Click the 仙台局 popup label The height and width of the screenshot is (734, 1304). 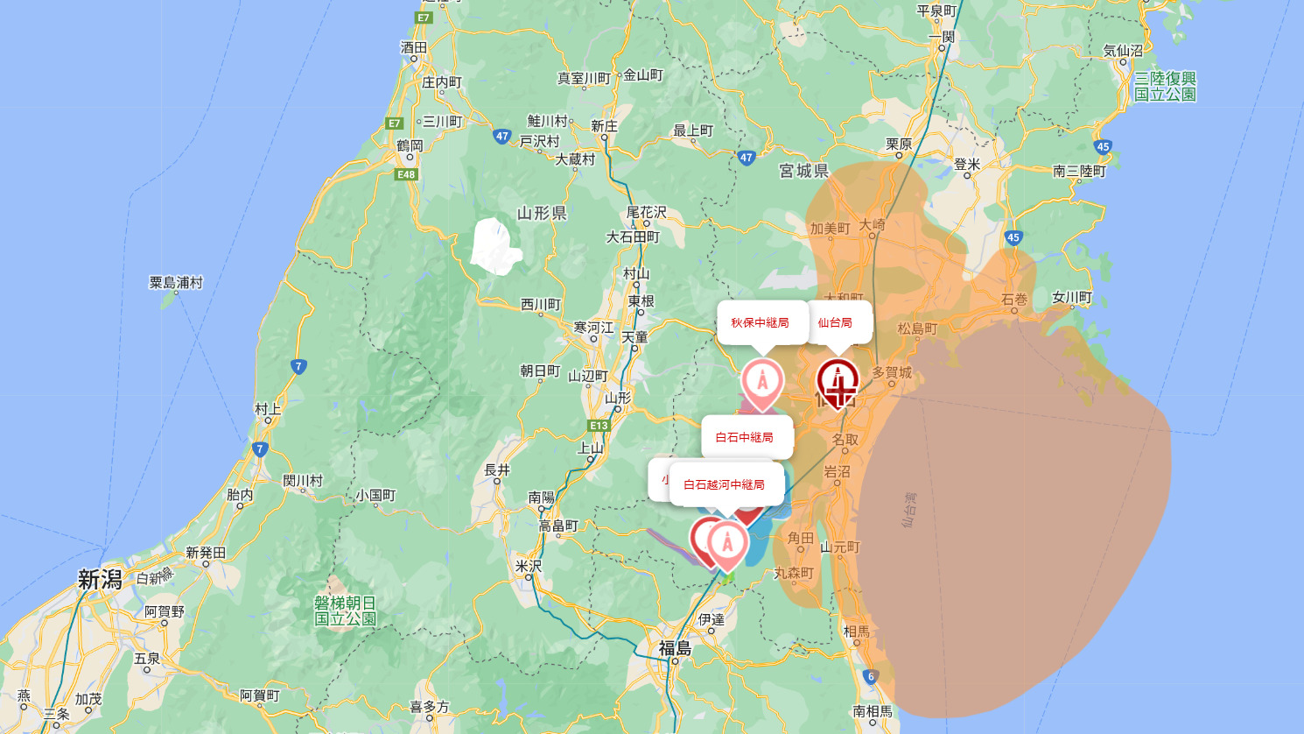tap(835, 322)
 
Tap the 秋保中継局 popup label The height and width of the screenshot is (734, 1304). tap(760, 322)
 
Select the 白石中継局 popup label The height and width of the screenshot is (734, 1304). tap(744, 437)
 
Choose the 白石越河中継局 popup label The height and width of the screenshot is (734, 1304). tap(724, 484)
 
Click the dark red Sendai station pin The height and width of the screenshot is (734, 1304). tap(838, 383)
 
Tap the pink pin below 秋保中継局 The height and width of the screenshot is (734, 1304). tap(762, 383)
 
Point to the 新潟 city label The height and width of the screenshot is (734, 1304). tap(100, 580)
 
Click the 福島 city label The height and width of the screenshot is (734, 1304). tap(675, 648)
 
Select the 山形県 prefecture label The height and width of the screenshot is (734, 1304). tap(542, 213)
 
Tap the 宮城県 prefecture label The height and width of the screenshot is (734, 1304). tap(803, 171)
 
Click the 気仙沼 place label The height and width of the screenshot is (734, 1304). tap(1123, 51)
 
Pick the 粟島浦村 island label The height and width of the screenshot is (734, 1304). tap(176, 282)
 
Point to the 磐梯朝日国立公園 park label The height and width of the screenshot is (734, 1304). tap(346, 610)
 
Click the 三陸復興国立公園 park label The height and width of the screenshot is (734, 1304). tap(1165, 86)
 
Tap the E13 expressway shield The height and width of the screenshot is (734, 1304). tap(599, 426)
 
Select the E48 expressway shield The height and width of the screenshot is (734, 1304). tap(406, 174)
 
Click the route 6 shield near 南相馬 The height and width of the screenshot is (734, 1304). tap(870, 676)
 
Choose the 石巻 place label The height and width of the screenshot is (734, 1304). tap(1014, 300)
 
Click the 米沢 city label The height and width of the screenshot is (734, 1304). tap(529, 567)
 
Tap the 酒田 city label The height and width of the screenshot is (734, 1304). tap(413, 47)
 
